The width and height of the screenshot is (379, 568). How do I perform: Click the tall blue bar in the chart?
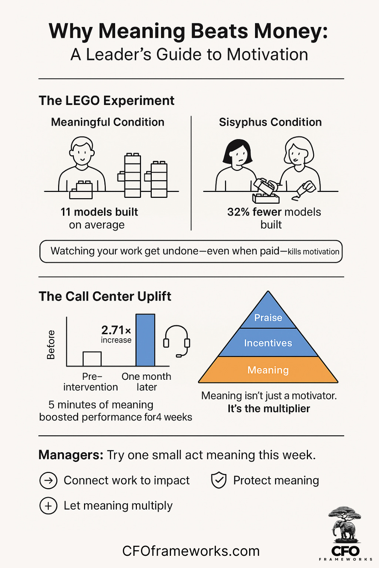(x=145, y=340)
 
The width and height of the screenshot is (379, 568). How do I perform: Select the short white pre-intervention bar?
(x=92, y=359)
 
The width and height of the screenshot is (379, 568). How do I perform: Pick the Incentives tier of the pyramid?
(x=268, y=343)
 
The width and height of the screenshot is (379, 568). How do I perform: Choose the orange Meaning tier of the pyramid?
(x=268, y=370)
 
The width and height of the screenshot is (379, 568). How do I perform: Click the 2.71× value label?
(x=116, y=330)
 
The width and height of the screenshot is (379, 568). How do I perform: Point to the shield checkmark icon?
(x=219, y=480)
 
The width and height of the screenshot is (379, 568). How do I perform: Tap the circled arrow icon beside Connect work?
(x=48, y=481)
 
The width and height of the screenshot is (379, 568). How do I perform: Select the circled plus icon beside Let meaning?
(x=48, y=506)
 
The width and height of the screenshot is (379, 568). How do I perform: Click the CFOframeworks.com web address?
(x=191, y=551)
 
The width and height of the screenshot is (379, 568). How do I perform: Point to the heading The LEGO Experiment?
(x=107, y=101)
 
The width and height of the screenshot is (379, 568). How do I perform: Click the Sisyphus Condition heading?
(x=270, y=122)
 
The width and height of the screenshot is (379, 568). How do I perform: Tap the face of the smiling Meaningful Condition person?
(x=82, y=152)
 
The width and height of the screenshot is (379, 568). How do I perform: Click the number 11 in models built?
(x=66, y=212)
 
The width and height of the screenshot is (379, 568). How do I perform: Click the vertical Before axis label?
(x=51, y=345)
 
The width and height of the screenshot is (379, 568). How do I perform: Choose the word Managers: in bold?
(x=71, y=455)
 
